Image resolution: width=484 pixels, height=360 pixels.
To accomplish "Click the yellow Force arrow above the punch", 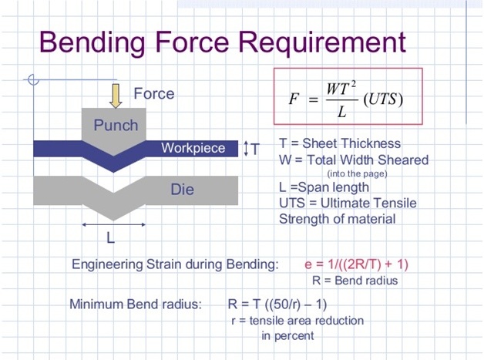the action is [x=116, y=96].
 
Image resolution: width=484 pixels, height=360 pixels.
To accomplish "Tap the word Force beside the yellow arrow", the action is [x=153, y=93].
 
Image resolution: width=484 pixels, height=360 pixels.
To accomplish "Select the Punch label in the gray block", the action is [x=116, y=126].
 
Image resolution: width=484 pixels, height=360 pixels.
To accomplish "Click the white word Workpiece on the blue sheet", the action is [x=193, y=148].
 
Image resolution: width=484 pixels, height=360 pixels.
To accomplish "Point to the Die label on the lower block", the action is [x=182, y=190].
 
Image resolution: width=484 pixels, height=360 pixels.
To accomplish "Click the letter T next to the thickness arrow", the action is [x=255, y=149].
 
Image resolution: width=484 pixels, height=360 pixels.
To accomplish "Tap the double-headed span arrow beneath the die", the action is [x=113, y=225].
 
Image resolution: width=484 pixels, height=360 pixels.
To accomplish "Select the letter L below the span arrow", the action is [x=110, y=238].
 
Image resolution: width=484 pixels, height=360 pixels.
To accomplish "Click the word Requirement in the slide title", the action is [x=322, y=42].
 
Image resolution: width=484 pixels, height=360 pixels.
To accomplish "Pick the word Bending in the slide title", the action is [x=92, y=43].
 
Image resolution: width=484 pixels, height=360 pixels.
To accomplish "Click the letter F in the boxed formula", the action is [x=294, y=99].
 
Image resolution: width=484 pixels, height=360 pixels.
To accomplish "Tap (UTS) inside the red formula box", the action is [x=383, y=99].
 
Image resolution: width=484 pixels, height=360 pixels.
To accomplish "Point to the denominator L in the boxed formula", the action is [x=341, y=112].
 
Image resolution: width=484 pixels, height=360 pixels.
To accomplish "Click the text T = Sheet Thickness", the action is [x=340, y=143].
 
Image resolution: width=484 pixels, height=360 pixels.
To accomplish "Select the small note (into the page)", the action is [x=357, y=173].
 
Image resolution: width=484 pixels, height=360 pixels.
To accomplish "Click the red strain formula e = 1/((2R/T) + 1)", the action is [x=357, y=264].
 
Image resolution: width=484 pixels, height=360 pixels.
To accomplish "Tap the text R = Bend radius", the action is [x=355, y=281].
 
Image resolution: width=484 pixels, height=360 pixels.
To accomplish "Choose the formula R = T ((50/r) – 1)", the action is [x=277, y=304].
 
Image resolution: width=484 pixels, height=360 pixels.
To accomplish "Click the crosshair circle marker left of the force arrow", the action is [x=33, y=79].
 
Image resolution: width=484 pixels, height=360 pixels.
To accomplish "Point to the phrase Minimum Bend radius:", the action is [x=136, y=304].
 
